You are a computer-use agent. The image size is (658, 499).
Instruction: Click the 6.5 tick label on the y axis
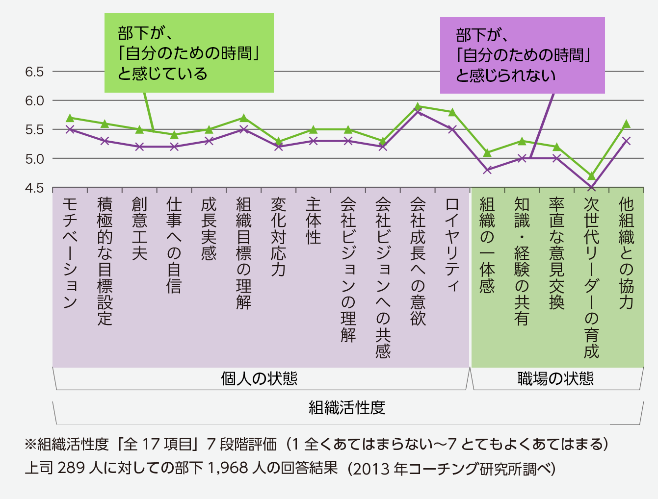(x=34, y=72)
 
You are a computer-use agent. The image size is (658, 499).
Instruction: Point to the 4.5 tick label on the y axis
(x=34, y=188)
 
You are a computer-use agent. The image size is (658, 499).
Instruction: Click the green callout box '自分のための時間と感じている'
(x=189, y=53)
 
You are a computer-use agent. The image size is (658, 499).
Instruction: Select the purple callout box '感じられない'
(x=522, y=55)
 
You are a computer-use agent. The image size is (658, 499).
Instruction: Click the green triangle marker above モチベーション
(x=70, y=118)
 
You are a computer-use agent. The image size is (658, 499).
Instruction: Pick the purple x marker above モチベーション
(x=70, y=129)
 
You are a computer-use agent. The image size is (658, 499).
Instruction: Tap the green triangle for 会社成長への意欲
(x=418, y=106)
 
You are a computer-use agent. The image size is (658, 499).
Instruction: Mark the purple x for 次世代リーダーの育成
(x=591, y=187)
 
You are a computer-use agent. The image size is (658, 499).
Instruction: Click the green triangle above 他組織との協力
(x=626, y=124)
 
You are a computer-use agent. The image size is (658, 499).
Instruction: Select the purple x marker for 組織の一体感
(x=487, y=170)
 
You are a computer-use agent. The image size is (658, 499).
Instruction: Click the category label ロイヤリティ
(x=452, y=245)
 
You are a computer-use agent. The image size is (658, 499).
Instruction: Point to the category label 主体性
(x=313, y=221)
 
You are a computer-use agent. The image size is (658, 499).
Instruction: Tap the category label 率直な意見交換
(x=556, y=253)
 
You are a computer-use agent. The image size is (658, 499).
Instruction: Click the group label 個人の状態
(x=259, y=379)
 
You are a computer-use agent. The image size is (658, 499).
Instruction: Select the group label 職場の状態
(x=555, y=379)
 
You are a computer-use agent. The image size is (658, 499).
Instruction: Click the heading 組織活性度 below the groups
(x=347, y=407)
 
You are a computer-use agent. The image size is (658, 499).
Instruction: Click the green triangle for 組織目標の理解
(x=243, y=118)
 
